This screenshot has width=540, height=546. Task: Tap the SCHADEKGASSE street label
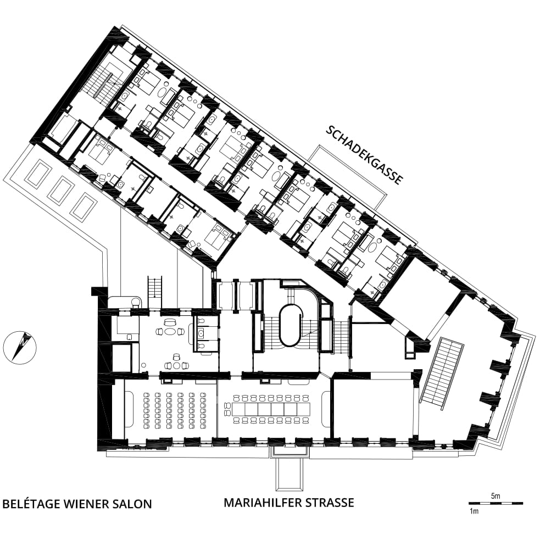(364, 155)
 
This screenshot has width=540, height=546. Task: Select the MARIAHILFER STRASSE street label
(288, 503)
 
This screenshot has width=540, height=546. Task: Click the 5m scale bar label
(496, 496)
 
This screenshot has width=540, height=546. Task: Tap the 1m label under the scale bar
(474, 511)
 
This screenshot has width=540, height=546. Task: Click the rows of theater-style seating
(175, 410)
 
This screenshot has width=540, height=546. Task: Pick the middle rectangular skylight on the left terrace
(61, 191)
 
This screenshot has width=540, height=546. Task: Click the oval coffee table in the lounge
(170, 331)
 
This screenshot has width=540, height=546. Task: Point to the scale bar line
(496, 503)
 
